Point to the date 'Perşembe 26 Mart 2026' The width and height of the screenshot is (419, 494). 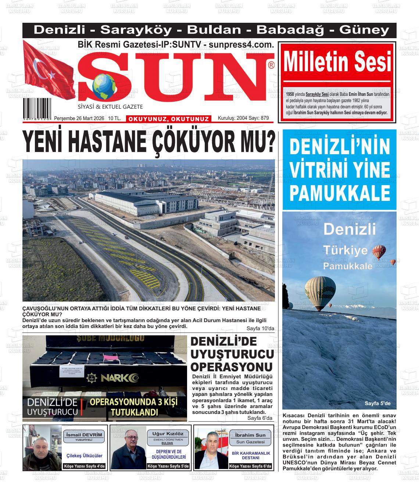click(x=79, y=118)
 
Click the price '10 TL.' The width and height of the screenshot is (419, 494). click(x=115, y=118)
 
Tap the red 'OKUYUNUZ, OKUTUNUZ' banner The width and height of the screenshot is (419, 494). click(x=169, y=119)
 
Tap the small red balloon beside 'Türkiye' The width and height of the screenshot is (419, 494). click(x=379, y=252)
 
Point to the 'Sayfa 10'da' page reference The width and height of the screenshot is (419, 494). click(x=260, y=328)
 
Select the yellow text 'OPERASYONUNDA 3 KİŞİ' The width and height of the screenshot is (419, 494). click(x=133, y=402)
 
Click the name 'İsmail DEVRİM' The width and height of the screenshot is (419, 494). click(x=84, y=435)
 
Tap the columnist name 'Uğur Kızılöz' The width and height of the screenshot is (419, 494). click(x=168, y=434)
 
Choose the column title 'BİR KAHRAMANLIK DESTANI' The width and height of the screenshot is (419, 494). click(x=251, y=455)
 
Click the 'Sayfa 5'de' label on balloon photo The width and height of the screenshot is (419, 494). click(x=377, y=403)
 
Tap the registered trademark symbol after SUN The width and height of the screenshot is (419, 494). click(x=271, y=65)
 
